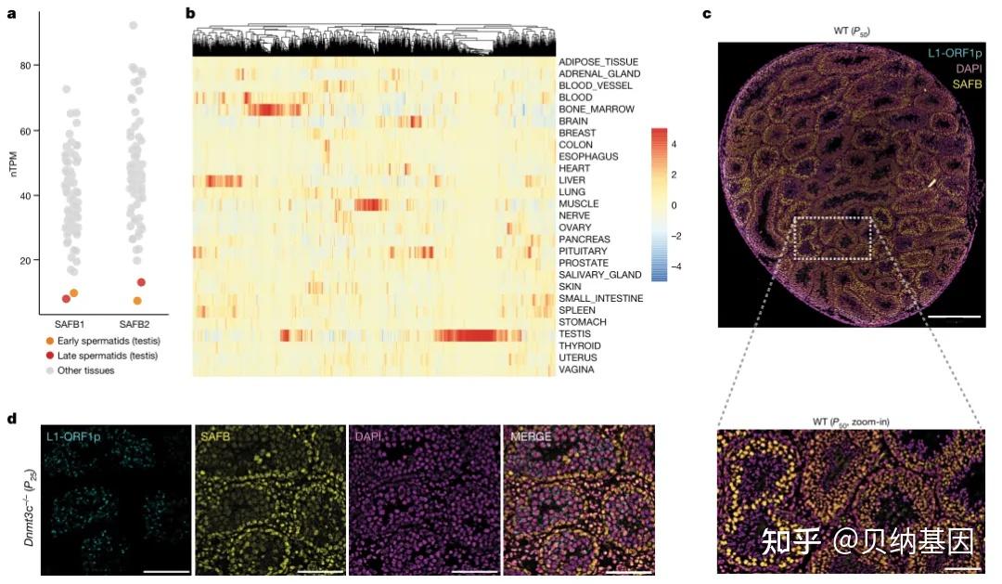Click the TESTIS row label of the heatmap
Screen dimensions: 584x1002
coord(573,334)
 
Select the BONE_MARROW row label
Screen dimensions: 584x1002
coord(596,110)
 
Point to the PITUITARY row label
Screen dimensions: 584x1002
coord(583,252)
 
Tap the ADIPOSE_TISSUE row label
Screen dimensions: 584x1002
coord(598,62)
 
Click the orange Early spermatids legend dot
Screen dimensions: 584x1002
coord(37,340)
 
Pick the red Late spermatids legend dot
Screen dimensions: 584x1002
coord(37,356)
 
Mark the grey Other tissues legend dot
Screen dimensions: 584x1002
coord(37,371)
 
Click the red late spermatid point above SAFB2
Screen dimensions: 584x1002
coord(142,282)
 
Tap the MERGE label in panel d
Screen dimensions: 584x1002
coord(529,435)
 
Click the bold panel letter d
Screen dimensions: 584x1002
coord(11,418)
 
